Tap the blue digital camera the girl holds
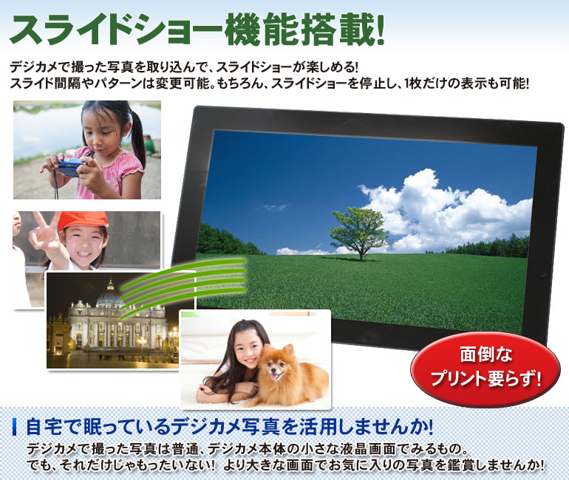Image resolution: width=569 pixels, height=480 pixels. [x=71, y=167]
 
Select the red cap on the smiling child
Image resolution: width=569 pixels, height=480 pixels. [x=83, y=221]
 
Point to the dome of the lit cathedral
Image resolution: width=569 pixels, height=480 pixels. [x=110, y=295]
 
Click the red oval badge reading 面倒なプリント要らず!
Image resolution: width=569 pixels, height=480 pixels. [x=485, y=368]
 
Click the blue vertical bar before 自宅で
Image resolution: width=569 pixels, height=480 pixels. [x=15, y=427]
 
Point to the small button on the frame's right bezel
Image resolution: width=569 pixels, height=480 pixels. [x=543, y=275]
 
